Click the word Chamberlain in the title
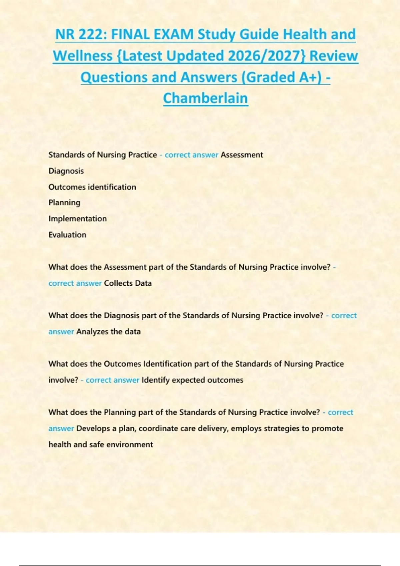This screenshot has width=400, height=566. [x=205, y=98]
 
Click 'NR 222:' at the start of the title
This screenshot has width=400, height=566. [x=80, y=34]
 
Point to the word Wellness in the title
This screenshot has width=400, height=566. [x=83, y=56]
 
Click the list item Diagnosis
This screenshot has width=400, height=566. [x=66, y=171]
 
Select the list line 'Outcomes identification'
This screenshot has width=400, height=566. [x=92, y=187]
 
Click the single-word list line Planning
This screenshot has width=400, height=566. [x=64, y=203]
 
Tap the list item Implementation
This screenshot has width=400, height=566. [x=77, y=219]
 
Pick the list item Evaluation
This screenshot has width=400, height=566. [x=67, y=235]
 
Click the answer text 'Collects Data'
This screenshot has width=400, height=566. [x=128, y=283]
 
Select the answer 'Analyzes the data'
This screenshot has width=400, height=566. [x=108, y=332]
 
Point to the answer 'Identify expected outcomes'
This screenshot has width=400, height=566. [x=192, y=380]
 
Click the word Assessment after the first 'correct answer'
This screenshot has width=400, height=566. [x=242, y=155]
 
